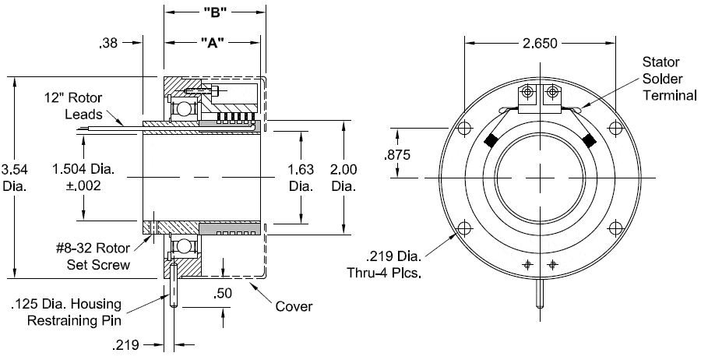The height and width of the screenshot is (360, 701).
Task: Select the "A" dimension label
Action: coord(213,43)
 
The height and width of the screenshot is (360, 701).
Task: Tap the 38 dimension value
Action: coord(109,44)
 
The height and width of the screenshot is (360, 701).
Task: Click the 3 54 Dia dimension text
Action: coord(16,177)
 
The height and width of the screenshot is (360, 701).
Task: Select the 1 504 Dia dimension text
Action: coord(77,177)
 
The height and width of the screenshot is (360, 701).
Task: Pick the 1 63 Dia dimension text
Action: coord(301,177)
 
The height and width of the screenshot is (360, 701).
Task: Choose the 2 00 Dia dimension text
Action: coord(343,177)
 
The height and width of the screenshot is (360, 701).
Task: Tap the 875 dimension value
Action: coord(398,155)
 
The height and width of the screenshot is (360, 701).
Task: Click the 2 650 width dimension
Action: coord(540,44)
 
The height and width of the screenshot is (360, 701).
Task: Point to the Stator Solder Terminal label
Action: coord(666,78)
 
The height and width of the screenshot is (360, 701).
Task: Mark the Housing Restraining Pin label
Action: coord(69,312)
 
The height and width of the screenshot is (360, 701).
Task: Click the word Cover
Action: coord(294,306)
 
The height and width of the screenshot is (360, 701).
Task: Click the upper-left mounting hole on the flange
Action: coord(466,129)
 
